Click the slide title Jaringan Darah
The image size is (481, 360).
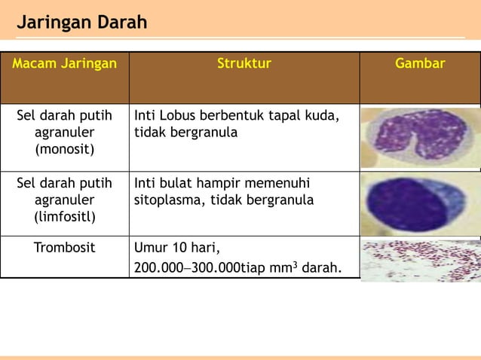coord(82,23)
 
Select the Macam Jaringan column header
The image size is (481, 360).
coord(65,64)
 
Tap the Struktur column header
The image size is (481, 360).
coord(244,64)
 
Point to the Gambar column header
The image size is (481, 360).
coord(420,64)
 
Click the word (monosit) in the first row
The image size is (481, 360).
coord(65,149)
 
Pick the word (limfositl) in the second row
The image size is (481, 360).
coord(65,217)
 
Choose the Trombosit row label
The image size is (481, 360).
coord(65,247)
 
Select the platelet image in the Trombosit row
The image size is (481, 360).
coord(421,261)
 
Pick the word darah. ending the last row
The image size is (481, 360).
coord(320,268)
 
